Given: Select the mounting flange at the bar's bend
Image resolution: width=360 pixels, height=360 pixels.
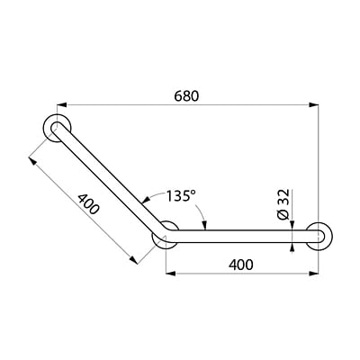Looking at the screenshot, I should click(x=165, y=238).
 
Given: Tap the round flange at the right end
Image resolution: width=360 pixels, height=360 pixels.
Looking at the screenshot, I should click(x=320, y=237).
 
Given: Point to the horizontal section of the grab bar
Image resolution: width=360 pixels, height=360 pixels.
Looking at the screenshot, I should click(x=243, y=237).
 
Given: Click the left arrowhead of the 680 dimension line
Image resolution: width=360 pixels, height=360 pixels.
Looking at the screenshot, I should click(x=66, y=105).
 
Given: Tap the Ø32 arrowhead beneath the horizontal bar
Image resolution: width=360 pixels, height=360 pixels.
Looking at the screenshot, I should click(x=293, y=247).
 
